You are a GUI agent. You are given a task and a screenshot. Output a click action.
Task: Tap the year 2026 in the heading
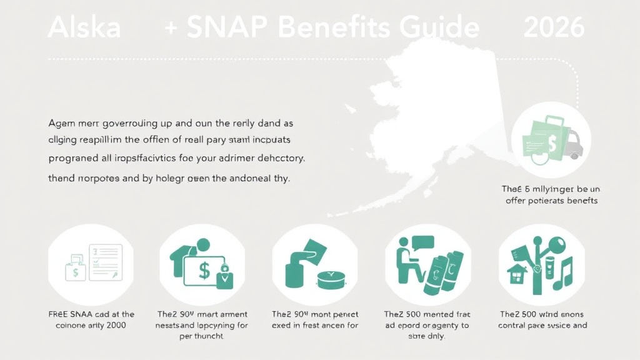click(554, 28)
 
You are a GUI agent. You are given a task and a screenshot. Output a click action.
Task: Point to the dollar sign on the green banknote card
click(204, 270)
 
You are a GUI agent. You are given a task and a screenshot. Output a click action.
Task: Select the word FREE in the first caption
click(62, 314)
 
